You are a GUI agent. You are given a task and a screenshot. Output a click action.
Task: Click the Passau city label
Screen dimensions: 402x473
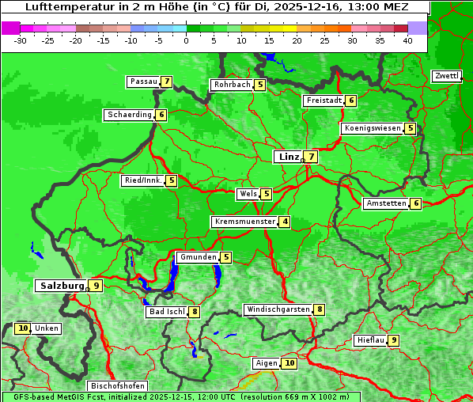click(144, 82)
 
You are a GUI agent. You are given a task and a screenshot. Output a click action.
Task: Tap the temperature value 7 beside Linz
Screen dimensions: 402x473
click(312, 157)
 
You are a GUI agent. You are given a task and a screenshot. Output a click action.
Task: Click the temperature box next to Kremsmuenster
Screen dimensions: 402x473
click(285, 222)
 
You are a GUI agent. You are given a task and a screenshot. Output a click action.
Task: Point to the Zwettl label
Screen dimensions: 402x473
click(446, 76)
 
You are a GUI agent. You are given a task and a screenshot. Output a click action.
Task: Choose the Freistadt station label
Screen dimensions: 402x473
click(323, 100)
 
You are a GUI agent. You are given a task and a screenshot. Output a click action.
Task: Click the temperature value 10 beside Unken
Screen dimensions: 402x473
click(22, 328)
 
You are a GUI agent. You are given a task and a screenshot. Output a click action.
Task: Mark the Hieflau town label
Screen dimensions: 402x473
click(370, 340)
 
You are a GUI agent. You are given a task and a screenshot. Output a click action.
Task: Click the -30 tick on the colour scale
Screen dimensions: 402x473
click(21, 40)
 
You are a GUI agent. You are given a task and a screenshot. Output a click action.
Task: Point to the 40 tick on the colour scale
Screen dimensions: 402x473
click(407, 40)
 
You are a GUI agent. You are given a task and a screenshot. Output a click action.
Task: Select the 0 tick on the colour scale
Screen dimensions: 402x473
click(187, 40)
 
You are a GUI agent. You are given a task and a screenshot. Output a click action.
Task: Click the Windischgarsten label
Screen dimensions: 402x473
click(278, 309)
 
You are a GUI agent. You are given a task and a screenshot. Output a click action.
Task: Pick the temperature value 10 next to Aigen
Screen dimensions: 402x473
click(289, 363)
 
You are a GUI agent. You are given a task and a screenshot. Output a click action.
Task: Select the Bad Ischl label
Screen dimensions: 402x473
click(166, 312)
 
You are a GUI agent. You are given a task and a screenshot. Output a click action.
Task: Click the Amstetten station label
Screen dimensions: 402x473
click(385, 203)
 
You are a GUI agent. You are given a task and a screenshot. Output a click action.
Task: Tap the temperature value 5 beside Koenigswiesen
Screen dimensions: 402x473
click(410, 128)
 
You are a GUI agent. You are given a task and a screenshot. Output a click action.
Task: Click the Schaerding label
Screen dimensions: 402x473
click(129, 115)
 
